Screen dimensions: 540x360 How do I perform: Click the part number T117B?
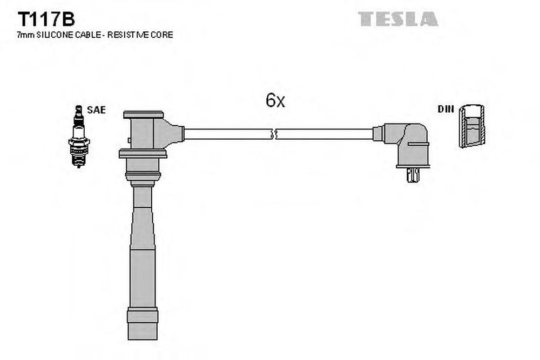[x=46, y=19]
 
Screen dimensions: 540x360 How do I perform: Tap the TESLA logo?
[x=398, y=19]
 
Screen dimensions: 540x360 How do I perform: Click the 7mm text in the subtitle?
[x=26, y=35]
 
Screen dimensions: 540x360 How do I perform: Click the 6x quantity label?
[x=275, y=100]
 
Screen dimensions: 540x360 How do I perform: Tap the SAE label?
[x=96, y=110]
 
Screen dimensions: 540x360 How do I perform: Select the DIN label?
[x=446, y=109]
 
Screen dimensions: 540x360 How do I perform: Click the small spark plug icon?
[x=79, y=137]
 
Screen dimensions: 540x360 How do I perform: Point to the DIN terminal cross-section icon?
[x=472, y=126]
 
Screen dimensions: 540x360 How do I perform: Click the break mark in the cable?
[x=274, y=134]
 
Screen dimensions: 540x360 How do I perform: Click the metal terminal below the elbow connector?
[x=413, y=175]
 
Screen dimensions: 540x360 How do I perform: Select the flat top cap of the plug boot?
[x=143, y=114]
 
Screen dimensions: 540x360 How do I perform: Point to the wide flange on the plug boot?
[x=143, y=153]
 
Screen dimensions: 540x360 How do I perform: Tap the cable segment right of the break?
[x=325, y=134]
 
